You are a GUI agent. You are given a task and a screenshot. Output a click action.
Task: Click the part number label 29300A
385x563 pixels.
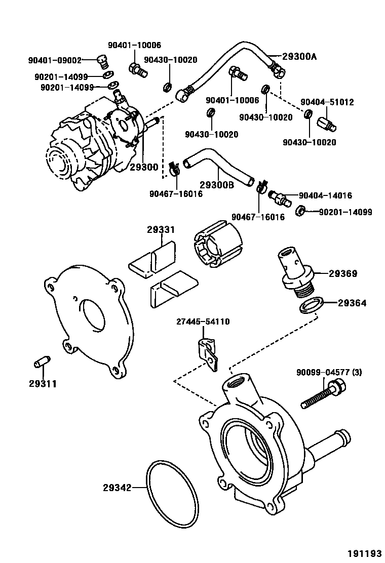tap(299, 56)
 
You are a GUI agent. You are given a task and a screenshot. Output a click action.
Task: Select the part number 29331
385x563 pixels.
tap(161, 230)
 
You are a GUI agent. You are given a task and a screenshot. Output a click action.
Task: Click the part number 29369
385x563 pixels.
tap(343, 274)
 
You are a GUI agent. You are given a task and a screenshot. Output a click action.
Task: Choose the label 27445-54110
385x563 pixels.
tap(203, 321)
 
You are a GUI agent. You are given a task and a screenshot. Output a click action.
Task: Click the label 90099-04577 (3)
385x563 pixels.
tap(329, 373)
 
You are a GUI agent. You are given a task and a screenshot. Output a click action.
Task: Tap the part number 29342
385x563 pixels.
tap(117, 488)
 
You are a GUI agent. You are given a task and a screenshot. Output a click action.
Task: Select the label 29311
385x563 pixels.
tap(43, 383)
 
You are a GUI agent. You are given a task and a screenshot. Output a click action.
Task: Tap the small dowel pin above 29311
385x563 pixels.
tap(41, 365)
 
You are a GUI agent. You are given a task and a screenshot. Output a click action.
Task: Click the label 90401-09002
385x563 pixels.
tap(55, 60)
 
